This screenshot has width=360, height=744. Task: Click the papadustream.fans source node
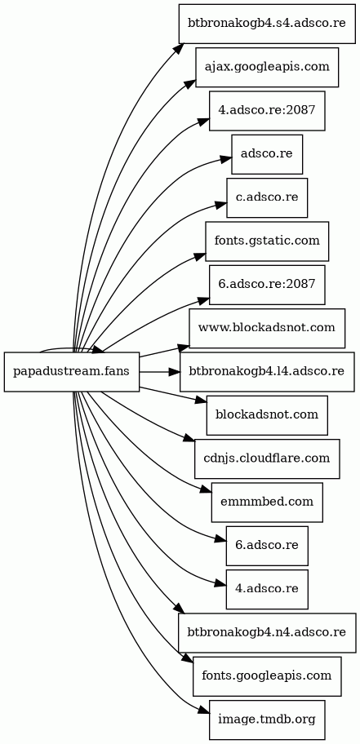pyautogui.click(x=72, y=372)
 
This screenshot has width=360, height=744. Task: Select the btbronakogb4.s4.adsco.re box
pyautogui.click(x=268, y=24)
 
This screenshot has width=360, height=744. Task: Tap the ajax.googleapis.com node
pyautogui.click(x=267, y=68)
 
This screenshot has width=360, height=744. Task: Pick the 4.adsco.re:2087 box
pyautogui.click(x=267, y=111)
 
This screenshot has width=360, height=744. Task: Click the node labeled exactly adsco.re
pyautogui.click(x=267, y=154)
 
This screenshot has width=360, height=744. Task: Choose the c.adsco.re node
pyautogui.click(x=267, y=198)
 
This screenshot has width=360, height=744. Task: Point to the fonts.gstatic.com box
pyautogui.click(x=267, y=241)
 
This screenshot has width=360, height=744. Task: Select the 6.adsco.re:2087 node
pyautogui.click(x=267, y=285)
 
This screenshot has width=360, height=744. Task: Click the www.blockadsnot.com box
pyautogui.click(x=268, y=328)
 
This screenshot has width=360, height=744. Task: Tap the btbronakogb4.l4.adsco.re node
pyautogui.click(x=268, y=372)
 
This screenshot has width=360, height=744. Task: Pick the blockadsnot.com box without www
pyautogui.click(x=267, y=415)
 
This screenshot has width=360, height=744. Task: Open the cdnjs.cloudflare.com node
pyautogui.click(x=267, y=458)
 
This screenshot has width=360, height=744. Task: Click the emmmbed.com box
pyautogui.click(x=267, y=503)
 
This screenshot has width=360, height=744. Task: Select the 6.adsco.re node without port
pyautogui.click(x=267, y=546)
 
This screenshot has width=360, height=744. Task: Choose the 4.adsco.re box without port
pyautogui.click(x=267, y=589)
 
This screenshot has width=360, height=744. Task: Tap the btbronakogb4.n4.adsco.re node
pyautogui.click(x=268, y=633)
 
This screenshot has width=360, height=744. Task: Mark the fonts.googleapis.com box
pyautogui.click(x=267, y=676)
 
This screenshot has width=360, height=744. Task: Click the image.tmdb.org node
pyautogui.click(x=267, y=720)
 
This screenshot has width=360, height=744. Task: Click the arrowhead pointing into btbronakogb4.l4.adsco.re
pyautogui.click(x=174, y=372)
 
